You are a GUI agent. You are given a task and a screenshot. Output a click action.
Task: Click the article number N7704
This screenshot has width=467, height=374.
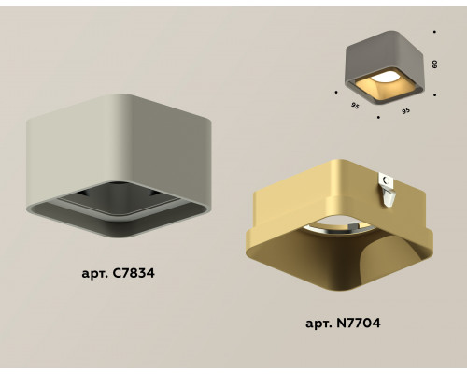click(x=359, y=323)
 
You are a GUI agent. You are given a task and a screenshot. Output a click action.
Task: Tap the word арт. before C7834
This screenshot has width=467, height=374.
click(x=95, y=274)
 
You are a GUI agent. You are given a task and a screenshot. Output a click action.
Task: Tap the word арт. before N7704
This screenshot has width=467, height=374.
click(x=319, y=324)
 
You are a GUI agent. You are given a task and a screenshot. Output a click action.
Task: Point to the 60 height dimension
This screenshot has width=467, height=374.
click(x=435, y=65)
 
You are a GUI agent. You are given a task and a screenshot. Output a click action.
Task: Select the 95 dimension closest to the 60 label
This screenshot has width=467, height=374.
click(x=405, y=110)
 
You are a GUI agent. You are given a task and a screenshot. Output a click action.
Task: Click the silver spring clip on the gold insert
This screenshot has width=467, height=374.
click(x=388, y=190)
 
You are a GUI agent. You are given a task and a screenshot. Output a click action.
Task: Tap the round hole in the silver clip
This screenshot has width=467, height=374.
click(x=386, y=180)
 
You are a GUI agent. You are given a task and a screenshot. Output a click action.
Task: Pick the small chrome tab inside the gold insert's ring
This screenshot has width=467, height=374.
click(x=354, y=225)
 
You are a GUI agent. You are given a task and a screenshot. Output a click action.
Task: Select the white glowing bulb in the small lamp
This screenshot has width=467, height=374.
click(x=382, y=77)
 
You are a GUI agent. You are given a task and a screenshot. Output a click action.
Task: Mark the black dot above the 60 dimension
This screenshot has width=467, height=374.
click(x=434, y=32)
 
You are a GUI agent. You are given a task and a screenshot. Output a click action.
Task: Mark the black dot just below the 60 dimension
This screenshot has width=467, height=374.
click(x=435, y=94)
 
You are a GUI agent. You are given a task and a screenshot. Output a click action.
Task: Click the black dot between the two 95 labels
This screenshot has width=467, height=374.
click(x=378, y=118)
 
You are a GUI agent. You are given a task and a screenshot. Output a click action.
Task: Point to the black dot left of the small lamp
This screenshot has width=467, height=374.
click(x=336, y=92)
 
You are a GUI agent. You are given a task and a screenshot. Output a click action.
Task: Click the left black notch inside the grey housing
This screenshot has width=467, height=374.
click(x=81, y=193)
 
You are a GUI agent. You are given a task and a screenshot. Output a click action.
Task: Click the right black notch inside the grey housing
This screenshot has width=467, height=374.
click(x=153, y=194)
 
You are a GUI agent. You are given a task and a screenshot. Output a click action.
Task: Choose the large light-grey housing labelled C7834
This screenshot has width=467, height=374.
click(x=119, y=165)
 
